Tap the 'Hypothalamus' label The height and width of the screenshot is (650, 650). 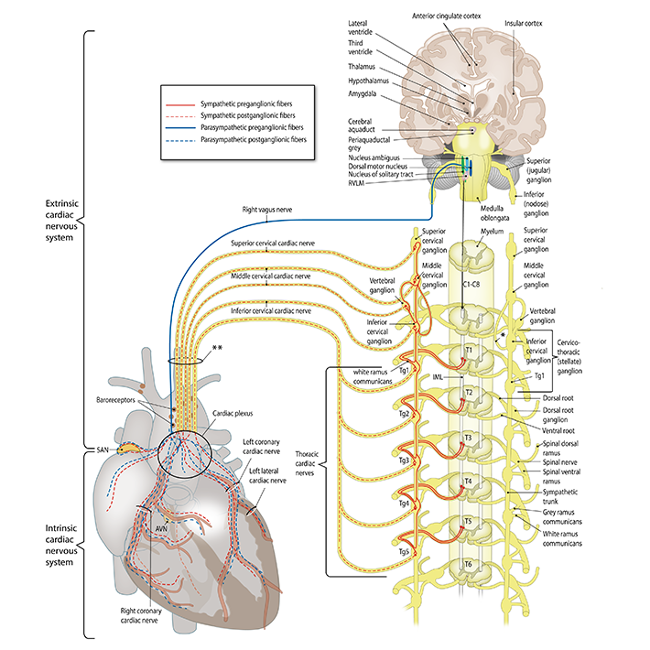[368, 81]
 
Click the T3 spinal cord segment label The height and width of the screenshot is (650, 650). [468, 439]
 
